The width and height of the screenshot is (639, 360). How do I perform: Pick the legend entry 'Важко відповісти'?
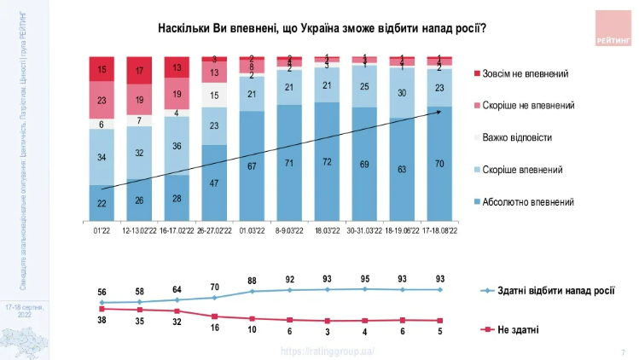pyautogui.click(x=522, y=136)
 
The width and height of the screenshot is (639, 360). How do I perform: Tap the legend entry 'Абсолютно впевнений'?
pyautogui.click(x=527, y=202)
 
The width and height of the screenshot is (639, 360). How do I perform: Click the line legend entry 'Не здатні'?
pyautogui.click(x=518, y=328)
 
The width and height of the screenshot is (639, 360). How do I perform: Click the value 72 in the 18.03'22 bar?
pyautogui.click(x=327, y=162)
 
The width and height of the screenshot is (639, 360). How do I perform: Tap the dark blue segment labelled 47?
pyautogui.click(x=214, y=183)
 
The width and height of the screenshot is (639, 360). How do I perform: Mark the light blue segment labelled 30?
pyautogui.click(x=402, y=94)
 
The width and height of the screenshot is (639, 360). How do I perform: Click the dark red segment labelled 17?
pyautogui.click(x=139, y=70)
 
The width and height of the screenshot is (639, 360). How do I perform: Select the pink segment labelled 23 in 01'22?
pyautogui.click(x=102, y=100)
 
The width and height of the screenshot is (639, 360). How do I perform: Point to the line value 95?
pyautogui.click(x=364, y=279)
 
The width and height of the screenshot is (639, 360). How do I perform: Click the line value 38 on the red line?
pyautogui.click(x=102, y=319)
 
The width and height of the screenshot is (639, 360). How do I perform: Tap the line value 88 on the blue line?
pyautogui.click(x=252, y=281)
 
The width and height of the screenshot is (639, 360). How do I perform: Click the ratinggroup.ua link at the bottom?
pyautogui.click(x=328, y=351)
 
